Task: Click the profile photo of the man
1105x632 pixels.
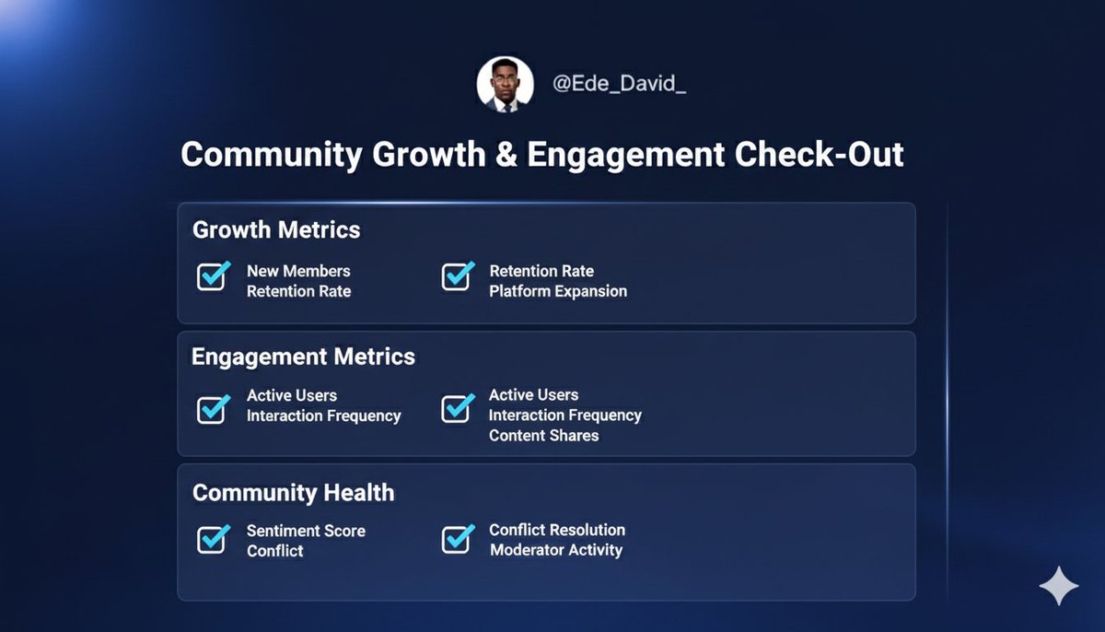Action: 505,85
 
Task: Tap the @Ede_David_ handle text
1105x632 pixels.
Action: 619,85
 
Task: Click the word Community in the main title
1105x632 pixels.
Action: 272,154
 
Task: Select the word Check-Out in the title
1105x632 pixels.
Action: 819,154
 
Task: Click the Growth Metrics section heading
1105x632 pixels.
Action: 276,229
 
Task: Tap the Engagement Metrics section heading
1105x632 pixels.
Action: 303,357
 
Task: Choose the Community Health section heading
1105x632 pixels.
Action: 293,493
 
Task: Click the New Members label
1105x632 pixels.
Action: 298,271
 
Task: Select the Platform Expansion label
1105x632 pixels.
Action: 558,291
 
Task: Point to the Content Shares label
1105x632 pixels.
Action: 543,436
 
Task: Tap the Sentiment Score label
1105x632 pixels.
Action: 306,531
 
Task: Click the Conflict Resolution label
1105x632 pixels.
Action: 557,530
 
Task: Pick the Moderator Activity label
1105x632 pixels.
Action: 556,550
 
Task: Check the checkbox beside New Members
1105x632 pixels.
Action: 213,276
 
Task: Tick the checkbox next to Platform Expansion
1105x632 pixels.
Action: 457,276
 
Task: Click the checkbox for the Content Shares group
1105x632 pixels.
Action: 457,409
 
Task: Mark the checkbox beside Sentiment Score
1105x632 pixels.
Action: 213,539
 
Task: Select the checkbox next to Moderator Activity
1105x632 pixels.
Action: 457,539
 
